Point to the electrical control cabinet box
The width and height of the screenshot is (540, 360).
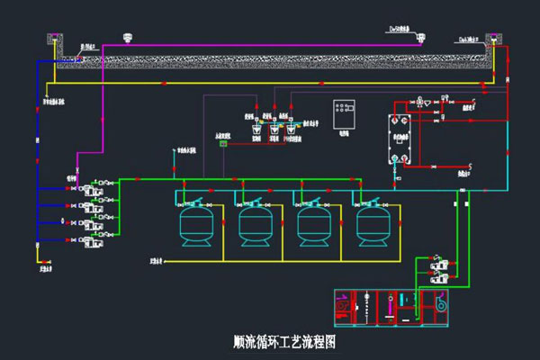(x=343, y=113)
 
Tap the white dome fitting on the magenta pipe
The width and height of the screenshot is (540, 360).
(x=127, y=38)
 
